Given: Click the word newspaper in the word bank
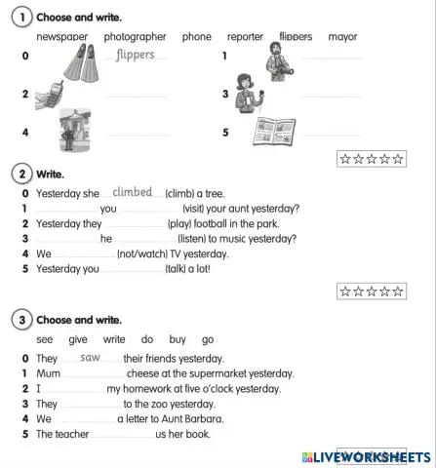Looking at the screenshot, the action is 61,37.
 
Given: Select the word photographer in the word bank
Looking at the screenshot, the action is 135,37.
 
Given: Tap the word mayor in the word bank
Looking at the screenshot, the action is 342,37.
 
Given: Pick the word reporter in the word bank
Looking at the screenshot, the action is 245,37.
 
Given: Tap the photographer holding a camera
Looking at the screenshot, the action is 275,62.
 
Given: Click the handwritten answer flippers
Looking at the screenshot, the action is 135,55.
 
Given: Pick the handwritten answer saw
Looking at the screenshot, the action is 91,357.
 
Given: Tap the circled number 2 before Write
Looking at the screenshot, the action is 20,175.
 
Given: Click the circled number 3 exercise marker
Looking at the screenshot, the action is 20,320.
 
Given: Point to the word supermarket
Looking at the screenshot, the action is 215,373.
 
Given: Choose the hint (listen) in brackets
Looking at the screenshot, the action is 200,238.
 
